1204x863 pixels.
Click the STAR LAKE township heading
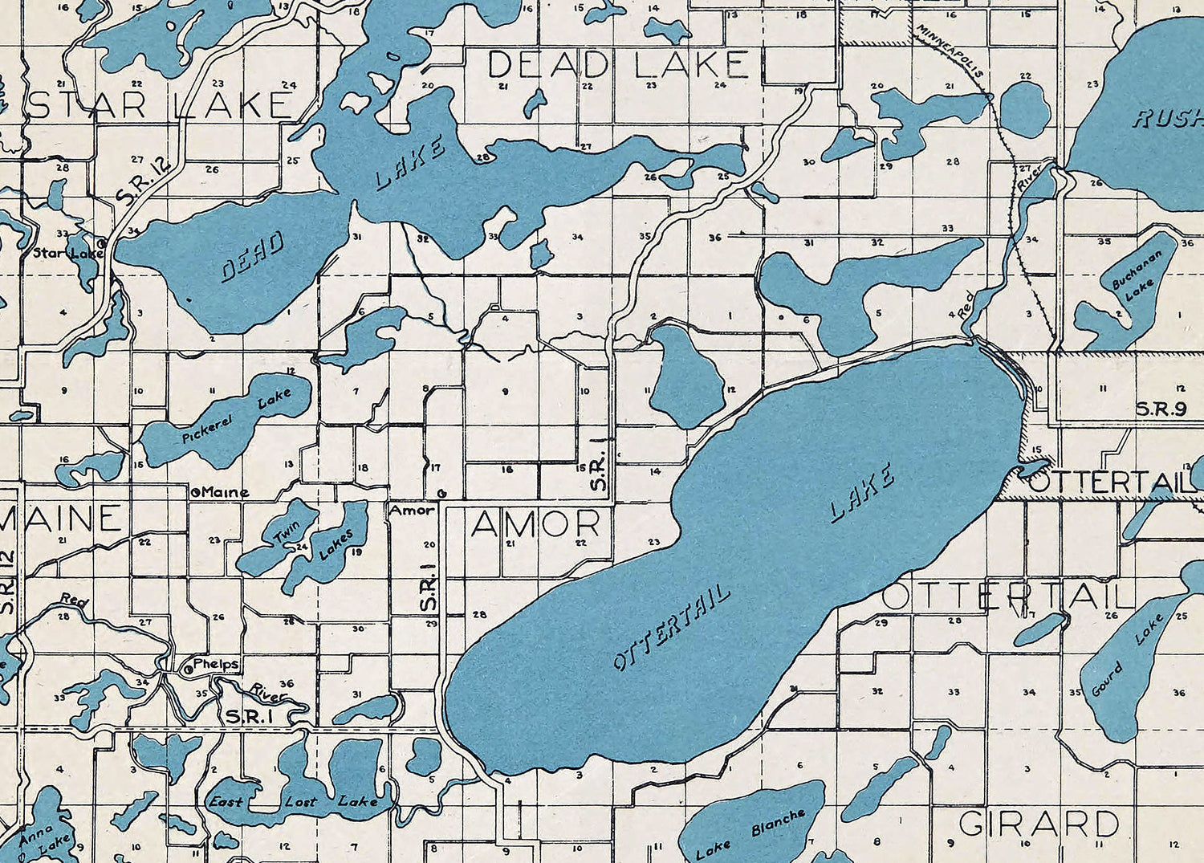click(161, 106)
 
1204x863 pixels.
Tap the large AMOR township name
click(535, 525)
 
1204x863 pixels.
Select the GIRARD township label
click(1039, 824)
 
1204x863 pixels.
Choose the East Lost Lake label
click(292, 801)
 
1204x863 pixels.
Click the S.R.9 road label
click(1161, 409)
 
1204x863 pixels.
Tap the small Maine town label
click(224, 492)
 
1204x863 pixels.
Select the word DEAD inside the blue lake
click(253, 257)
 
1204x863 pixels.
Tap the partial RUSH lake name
click(1168, 120)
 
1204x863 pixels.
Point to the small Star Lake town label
click(67, 253)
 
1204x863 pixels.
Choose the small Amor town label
click(412, 510)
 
